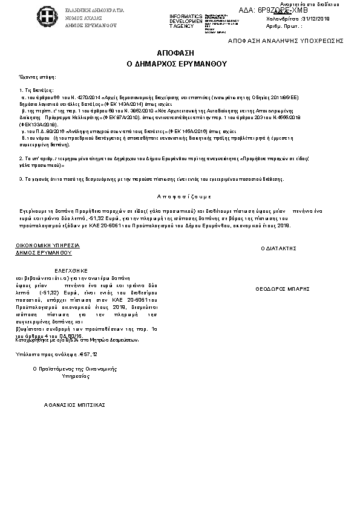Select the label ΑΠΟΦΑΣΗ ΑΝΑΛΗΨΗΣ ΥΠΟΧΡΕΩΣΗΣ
tap(286, 41)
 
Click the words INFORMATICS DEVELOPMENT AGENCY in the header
tap(186, 21)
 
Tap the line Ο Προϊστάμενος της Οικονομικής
tap(74, 368)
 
